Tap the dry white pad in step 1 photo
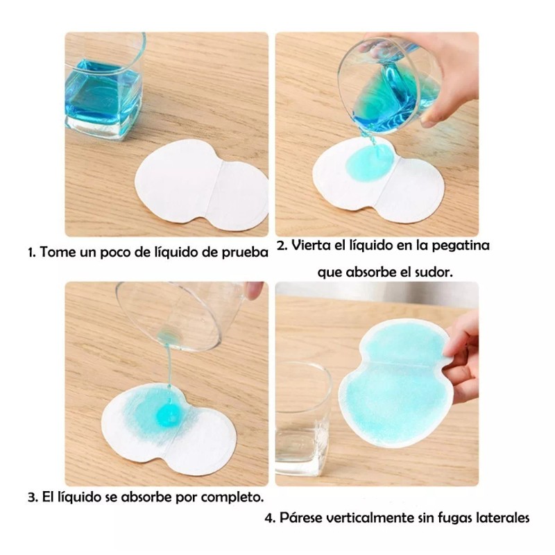pyautogui.click(x=201, y=184)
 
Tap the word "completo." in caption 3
pyautogui.click(x=232, y=498)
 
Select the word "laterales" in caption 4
pyautogui.click(x=504, y=518)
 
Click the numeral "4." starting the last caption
pyautogui.click(x=271, y=518)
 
